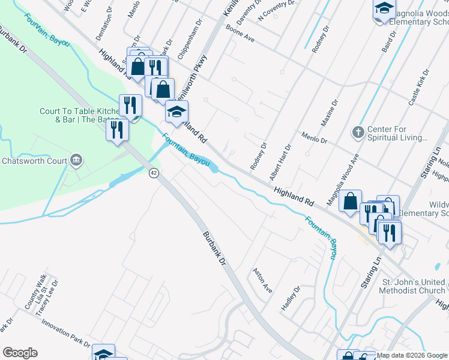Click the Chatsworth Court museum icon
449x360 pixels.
[x=76, y=160]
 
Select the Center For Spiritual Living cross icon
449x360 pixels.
[x=358, y=132]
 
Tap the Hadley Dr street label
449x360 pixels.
[x=290, y=298]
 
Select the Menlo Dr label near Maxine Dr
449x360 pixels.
[x=314, y=139]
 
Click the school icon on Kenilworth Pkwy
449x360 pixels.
[x=176, y=112]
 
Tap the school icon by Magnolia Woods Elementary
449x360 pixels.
[x=384, y=10]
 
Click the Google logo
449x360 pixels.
[x=20, y=352]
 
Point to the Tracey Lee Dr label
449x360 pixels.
[x=46, y=297]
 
